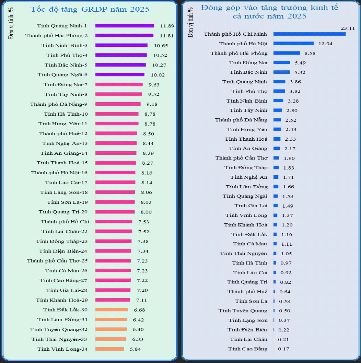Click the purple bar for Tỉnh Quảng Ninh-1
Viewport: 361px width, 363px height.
pyautogui.click(x=124, y=25)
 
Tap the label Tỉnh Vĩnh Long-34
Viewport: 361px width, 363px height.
pyautogui.click(x=62, y=349)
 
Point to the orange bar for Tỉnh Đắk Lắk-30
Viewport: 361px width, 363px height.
pyautogui.click(x=112, y=310)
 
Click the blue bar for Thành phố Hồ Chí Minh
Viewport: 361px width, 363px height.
pyautogui.click(x=309, y=34)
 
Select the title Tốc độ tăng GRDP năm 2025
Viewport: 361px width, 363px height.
pyautogui.click(x=90, y=9)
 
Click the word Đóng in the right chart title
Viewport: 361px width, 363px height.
pyautogui.click(x=210, y=8)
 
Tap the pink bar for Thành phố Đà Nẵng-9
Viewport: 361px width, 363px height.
pyautogui.click(x=118, y=104)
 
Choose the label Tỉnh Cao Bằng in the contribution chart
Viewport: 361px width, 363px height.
pyautogui.click(x=247, y=349)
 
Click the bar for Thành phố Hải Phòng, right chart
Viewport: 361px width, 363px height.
pyautogui.click(x=287, y=53)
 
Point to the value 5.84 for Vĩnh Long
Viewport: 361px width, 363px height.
pyautogui.click(x=134, y=349)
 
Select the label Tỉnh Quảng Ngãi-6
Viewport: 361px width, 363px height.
pyautogui.click(x=62, y=74)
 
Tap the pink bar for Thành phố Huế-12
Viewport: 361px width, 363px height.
pyautogui.click(x=116, y=133)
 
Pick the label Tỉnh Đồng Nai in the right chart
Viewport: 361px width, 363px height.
pyautogui.click(x=248, y=62)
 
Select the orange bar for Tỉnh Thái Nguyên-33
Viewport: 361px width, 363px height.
pyautogui.click(x=110, y=339)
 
